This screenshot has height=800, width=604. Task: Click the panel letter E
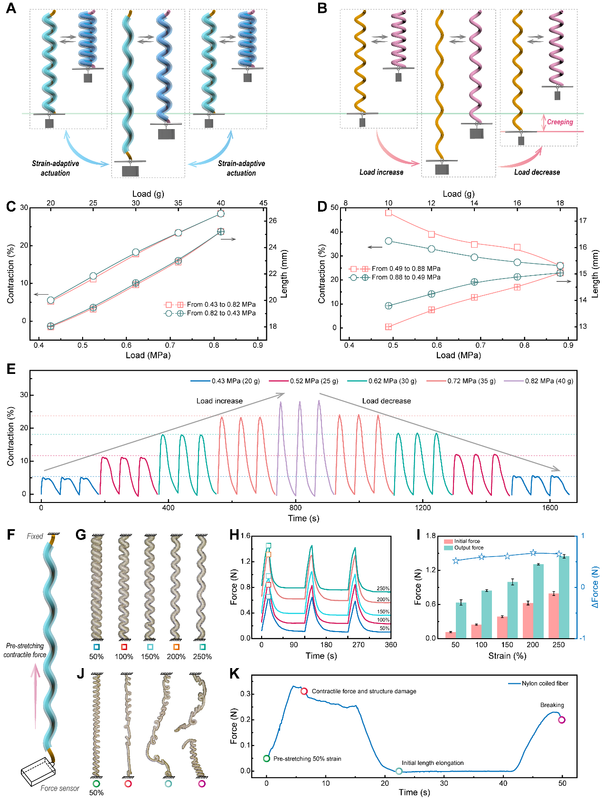[11, 369]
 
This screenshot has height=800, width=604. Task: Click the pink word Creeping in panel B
[560, 122]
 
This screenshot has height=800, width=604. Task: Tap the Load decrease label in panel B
[537, 172]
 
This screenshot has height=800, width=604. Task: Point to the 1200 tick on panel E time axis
[423, 508]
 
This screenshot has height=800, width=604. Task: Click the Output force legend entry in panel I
[469, 548]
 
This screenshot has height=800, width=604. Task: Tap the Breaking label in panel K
[552, 705]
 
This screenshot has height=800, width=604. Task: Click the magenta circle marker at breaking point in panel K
[562, 720]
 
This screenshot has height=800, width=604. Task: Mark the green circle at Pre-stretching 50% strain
[267, 759]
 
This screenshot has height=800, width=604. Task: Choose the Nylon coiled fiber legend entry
[545, 683]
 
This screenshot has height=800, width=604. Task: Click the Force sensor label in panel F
[60, 788]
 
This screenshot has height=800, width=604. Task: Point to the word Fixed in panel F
[35, 536]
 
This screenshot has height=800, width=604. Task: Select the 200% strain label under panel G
[176, 657]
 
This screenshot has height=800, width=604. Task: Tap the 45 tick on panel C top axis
[263, 203]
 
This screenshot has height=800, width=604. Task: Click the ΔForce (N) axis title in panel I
[595, 587]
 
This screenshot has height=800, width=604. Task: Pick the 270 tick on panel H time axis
[359, 644]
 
